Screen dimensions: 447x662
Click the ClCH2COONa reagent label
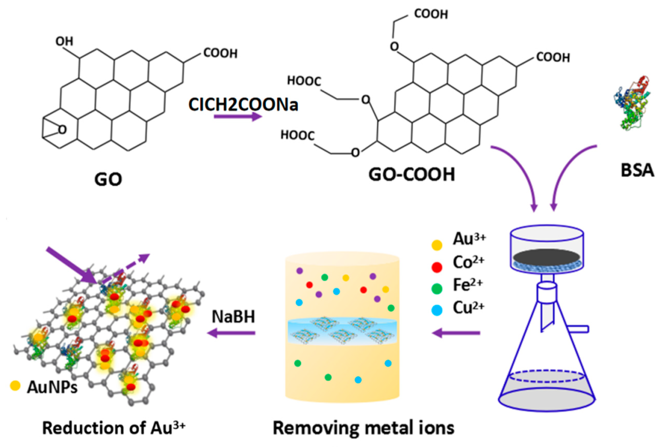(243, 105)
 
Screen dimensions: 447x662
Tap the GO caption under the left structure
(108, 180)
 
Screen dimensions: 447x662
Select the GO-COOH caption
(412, 175)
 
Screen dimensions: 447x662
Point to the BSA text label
(637, 170)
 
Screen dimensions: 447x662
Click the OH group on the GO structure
(64, 42)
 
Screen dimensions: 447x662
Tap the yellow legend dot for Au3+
(437, 245)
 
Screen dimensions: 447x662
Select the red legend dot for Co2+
(437, 267)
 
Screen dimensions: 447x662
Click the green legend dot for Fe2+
(437, 289)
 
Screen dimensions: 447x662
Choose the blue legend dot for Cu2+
(437, 310)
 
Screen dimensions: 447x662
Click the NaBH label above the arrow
(233, 317)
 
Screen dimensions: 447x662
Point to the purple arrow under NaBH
(231, 333)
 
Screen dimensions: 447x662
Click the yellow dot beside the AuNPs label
(15, 385)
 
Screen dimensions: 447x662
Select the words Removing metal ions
(363, 428)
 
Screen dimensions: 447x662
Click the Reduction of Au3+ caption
(114, 428)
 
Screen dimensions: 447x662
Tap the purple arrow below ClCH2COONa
(238, 116)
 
